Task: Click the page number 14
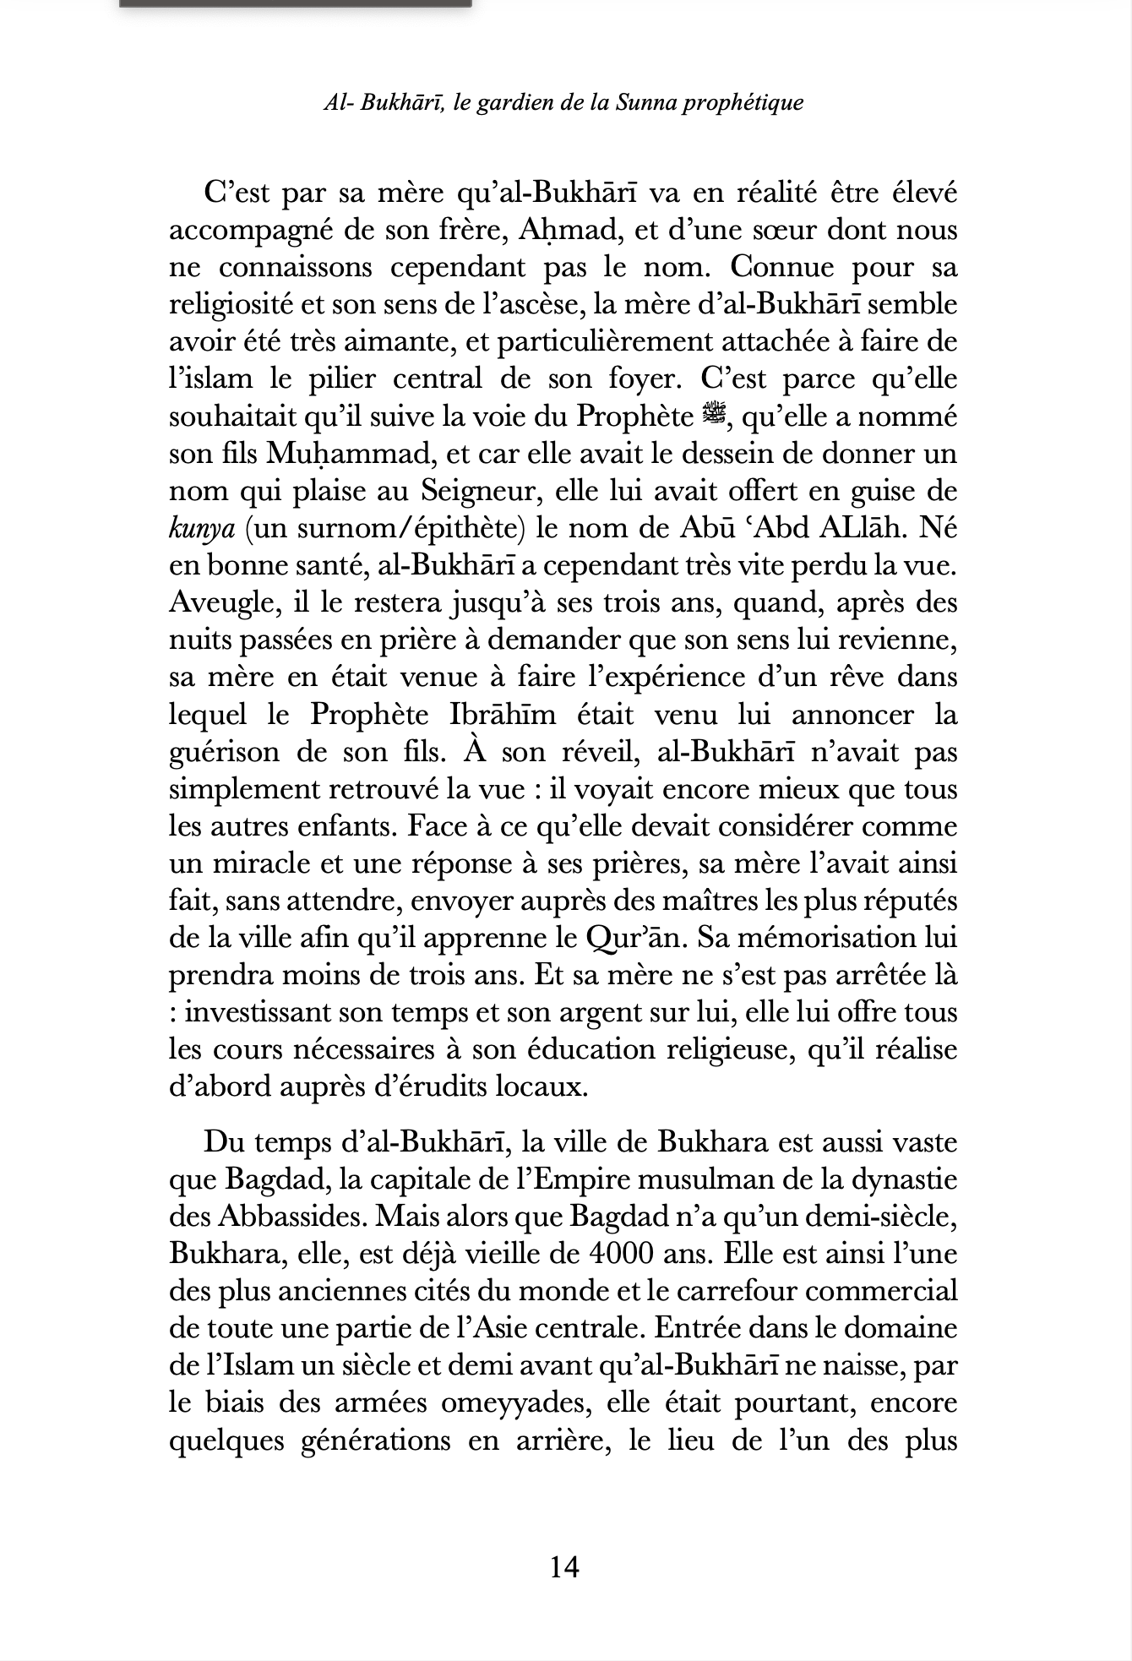(564, 1568)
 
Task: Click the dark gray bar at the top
(295, 3)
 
